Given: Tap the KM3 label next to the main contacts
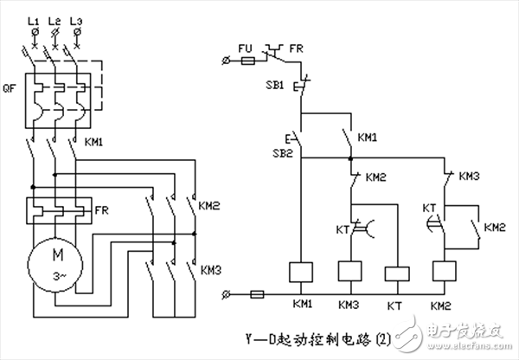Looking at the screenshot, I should [211, 270].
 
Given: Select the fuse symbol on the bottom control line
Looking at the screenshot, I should [257, 296].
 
